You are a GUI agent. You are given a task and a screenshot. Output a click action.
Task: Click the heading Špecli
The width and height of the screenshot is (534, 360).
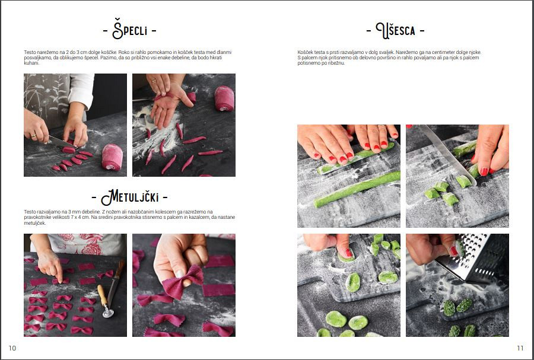pyautogui.click(x=129, y=30)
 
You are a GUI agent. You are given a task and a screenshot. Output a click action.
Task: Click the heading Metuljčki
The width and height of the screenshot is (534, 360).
pyautogui.click(x=129, y=197)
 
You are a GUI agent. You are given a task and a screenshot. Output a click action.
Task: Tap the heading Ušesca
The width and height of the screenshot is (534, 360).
pyautogui.click(x=395, y=30)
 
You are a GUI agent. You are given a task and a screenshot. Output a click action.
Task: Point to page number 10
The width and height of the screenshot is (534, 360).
pyautogui.click(x=12, y=348)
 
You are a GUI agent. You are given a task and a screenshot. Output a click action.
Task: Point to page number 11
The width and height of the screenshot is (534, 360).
pyautogui.click(x=520, y=348)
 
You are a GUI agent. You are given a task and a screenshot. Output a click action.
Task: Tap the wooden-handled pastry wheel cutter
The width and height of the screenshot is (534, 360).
pyautogui.click(x=104, y=301)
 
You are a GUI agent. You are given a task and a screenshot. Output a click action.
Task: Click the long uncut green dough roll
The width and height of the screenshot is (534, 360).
pyautogui.click(x=357, y=189)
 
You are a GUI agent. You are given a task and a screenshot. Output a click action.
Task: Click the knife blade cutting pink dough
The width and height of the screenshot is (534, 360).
pyautogui.click(x=61, y=142)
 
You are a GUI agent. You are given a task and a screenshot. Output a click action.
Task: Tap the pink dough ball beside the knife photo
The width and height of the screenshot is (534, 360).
pyautogui.click(x=112, y=157)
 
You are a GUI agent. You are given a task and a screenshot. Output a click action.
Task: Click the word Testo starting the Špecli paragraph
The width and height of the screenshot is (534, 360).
pyautogui.click(x=30, y=52)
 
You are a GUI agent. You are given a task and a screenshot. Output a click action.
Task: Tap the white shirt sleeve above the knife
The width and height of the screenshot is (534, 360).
pyautogui.click(x=81, y=90)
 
